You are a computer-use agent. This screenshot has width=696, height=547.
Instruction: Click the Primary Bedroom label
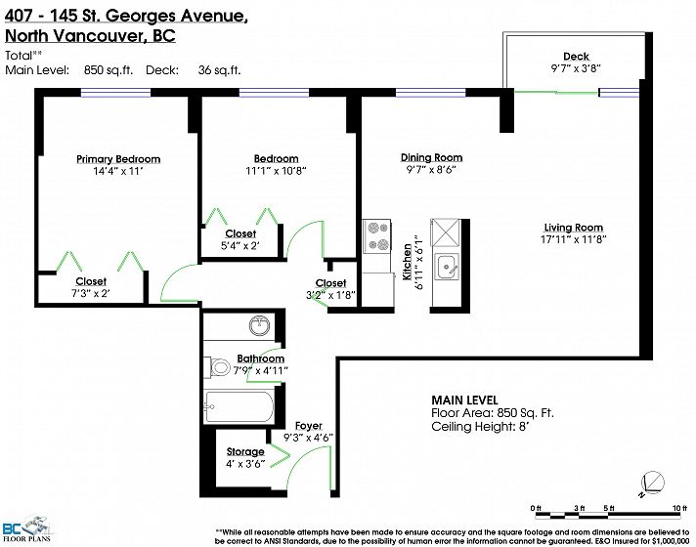click(118, 159)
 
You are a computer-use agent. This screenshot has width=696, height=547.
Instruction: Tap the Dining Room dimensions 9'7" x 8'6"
click(431, 169)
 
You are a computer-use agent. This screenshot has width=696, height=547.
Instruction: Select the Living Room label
click(574, 228)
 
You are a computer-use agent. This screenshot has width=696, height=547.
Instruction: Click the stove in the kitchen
click(377, 236)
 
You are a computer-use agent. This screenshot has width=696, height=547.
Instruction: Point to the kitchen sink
click(446, 267)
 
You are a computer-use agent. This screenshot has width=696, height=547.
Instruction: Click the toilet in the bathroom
click(217, 367)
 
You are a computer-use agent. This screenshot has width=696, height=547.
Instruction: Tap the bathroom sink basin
click(259, 326)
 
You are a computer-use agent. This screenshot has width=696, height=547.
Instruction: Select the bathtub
click(239, 406)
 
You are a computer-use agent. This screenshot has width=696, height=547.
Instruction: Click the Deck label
click(576, 57)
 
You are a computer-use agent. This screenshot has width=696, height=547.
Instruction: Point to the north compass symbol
click(652, 484)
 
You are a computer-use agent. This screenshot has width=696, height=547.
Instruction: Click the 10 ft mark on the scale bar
click(676, 508)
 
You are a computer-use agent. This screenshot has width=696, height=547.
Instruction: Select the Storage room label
click(245, 451)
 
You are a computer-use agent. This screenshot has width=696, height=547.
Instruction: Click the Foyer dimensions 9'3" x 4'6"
click(309, 438)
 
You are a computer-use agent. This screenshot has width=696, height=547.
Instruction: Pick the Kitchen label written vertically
click(407, 262)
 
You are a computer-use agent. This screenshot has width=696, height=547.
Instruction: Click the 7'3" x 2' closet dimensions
click(91, 293)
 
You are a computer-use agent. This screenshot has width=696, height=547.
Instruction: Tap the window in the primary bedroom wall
click(115, 93)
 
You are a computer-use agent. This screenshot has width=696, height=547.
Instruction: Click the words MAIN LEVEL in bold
click(464, 400)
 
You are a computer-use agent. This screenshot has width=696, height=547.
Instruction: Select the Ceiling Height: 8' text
click(480, 427)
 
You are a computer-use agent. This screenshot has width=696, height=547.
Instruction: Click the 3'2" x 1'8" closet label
click(330, 295)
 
